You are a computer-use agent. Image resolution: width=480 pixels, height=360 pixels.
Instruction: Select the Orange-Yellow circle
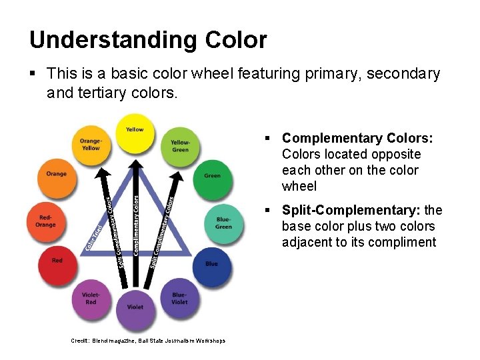point(91,145)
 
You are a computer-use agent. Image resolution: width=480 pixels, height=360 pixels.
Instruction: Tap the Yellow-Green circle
point(180,145)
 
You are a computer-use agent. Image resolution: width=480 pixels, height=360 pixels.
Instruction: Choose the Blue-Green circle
point(224,223)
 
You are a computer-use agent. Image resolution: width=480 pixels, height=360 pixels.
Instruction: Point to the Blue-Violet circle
point(179,299)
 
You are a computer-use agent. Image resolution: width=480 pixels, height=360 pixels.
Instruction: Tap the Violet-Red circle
point(91,299)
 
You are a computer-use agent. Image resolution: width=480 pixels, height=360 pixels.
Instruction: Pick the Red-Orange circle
point(46,221)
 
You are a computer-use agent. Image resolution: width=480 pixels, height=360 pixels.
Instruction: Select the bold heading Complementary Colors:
point(357,138)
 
